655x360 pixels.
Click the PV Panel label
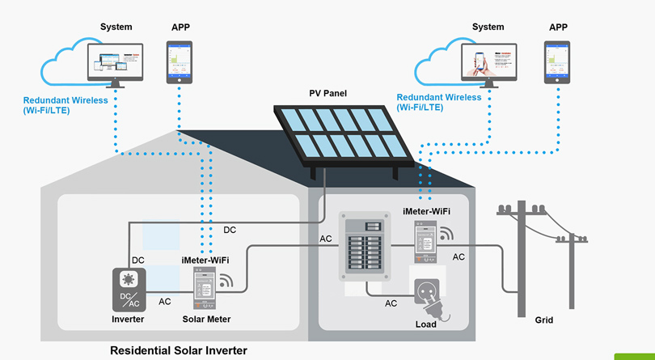pos(327,94)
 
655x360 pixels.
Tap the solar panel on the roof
pos(339,134)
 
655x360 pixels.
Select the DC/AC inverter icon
pos(129,290)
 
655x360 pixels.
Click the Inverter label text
pos(128,320)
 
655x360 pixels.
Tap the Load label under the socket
pos(425,324)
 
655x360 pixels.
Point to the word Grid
pos(544,320)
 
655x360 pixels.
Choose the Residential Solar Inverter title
pos(178,350)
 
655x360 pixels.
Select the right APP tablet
pos(557,62)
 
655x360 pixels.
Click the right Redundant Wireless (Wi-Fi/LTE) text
pos(439,102)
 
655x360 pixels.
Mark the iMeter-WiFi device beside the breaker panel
pos(425,240)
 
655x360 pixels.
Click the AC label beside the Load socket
pos(391,303)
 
